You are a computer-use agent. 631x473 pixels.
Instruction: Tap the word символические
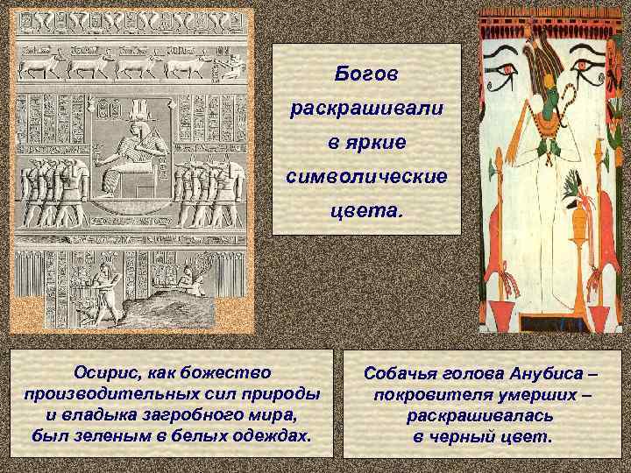click(366, 176)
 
